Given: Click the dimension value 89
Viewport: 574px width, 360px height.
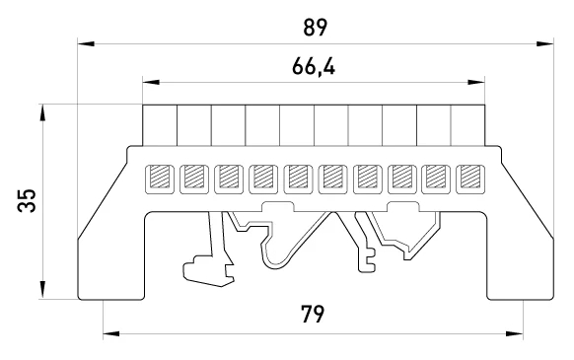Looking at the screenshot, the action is pyautogui.click(x=315, y=28).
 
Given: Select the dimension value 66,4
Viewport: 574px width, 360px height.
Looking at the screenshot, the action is pyautogui.click(x=314, y=67).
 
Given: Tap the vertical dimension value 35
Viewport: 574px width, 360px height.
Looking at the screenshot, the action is pyautogui.click(x=27, y=200).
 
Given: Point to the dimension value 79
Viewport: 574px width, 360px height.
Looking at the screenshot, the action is pyautogui.click(x=313, y=315).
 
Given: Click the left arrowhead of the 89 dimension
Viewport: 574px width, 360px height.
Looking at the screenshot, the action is pyautogui.click(x=86, y=44).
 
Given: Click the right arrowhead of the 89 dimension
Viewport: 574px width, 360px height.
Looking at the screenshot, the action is pyautogui.click(x=545, y=44).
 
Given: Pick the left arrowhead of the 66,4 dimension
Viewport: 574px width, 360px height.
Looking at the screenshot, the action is pyautogui.click(x=151, y=82).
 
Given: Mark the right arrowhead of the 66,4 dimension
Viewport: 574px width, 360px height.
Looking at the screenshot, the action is pyautogui.click(x=476, y=82).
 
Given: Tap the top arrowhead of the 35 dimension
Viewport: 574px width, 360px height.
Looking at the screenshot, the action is pyautogui.click(x=42, y=112).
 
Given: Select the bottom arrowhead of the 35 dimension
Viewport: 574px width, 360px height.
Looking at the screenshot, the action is pyautogui.click(x=42, y=290).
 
